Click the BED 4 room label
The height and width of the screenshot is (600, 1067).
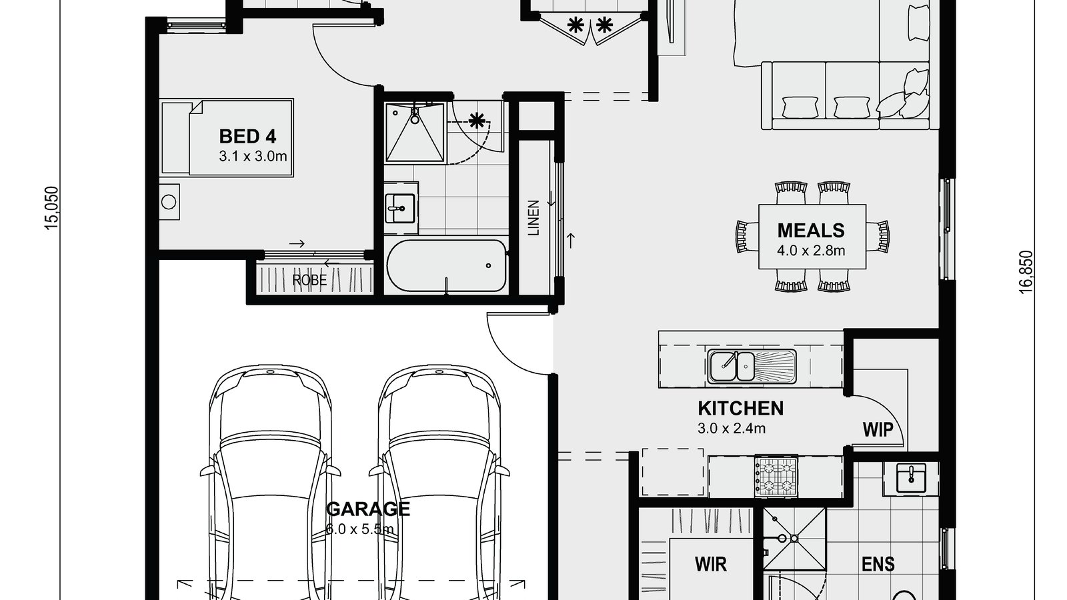(x=247, y=137)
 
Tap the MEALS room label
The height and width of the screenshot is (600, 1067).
(x=811, y=231)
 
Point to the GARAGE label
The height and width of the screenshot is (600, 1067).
(x=367, y=509)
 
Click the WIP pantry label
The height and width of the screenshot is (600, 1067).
(x=878, y=429)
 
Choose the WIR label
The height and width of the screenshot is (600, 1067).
(x=711, y=565)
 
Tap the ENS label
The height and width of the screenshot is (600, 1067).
(x=878, y=565)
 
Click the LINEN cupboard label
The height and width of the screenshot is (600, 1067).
(x=533, y=218)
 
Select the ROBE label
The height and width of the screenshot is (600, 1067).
(x=309, y=280)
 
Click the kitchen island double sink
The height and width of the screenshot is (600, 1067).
(x=732, y=365)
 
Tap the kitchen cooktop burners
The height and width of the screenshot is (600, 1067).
(x=776, y=476)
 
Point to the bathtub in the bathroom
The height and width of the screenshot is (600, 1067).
(x=446, y=265)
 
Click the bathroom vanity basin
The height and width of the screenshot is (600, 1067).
(x=400, y=207)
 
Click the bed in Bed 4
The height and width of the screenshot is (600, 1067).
(x=227, y=138)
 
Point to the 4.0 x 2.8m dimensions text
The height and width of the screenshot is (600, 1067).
(x=811, y=251)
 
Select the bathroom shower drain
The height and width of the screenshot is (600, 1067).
(x=414, y=120)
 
